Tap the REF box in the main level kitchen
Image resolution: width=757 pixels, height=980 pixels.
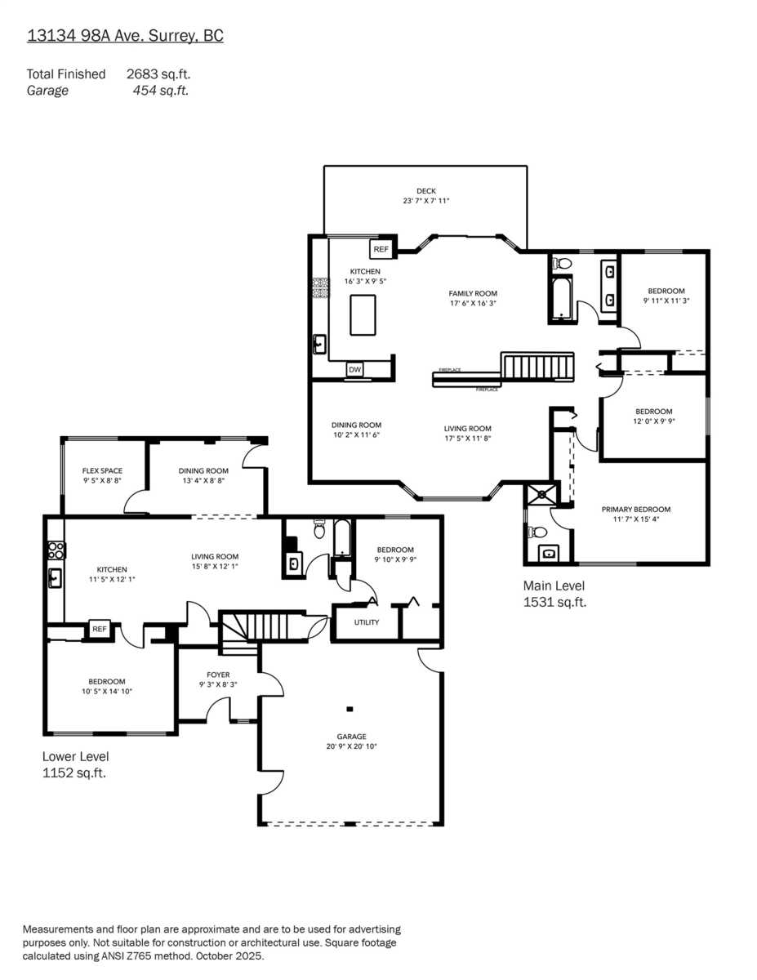pyautogui.click(x=381, y=249)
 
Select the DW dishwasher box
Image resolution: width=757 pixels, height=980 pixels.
pyautogui.click(x=354, y=370)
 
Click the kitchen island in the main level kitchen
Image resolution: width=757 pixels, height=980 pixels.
pyautogui.click(x=363, y=314)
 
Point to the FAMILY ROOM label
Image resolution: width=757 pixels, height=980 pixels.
pyautogui.click(x=472, y=293)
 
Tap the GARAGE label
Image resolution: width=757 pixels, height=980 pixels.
pyautogui.click(x=352, y=736)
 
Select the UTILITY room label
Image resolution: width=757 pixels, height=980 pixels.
pyautogui.click(x=366, y=622)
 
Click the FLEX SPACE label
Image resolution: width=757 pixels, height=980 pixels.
pyautogui.click(x=102, y=470)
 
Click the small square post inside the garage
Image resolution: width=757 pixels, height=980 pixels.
pyautogui.click(x=350, y=709)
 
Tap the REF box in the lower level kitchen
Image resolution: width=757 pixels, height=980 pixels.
pyautogui.click(x=100, y=629)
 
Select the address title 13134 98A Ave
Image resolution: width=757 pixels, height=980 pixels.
pyautogui.click(x=125, y=36)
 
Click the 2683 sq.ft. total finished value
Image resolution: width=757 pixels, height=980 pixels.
pyautogui.click(x=158, y=74)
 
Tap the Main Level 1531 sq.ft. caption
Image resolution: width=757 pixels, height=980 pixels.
pyautogui.click(x=554, y=594)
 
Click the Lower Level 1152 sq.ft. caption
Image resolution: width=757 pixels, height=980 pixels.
pyautogui.click(x=75, y=764)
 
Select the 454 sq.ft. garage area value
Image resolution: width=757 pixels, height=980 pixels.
pyautogui.click(x=160, y=91)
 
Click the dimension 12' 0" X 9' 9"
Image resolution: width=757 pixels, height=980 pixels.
pyautogui.click(x=654, y=421)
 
